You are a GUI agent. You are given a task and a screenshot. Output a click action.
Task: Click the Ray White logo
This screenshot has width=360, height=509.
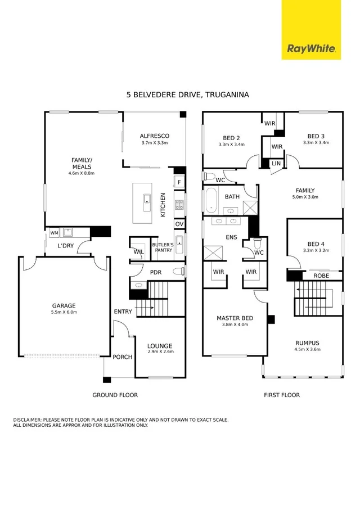coord(311,48)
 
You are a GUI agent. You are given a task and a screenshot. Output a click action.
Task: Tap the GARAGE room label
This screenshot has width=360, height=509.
coord(64,306)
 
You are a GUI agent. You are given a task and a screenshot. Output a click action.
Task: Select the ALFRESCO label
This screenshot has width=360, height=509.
coord(154,136)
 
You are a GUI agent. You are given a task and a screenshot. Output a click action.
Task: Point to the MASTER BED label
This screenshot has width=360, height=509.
coord(235,318)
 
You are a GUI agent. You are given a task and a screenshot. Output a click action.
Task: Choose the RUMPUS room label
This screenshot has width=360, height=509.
coord(307,343)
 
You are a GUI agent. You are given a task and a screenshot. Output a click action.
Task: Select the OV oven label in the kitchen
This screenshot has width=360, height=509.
coord(179,224)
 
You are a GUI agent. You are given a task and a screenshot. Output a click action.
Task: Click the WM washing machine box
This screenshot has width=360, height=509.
coord(54,232)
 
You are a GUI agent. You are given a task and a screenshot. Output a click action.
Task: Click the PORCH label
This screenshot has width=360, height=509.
coord(122,357)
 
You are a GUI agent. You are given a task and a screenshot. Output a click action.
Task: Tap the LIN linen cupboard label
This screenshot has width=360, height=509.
coord(276,163)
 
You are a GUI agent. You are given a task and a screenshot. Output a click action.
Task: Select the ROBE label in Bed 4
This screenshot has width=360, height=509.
coord(321,276)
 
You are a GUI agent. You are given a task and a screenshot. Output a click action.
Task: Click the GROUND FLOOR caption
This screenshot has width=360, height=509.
coord(115,395)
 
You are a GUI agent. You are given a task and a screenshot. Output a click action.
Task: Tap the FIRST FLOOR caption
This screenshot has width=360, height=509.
coord(282,395)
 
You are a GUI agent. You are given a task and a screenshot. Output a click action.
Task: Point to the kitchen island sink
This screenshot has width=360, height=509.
coord(146,199)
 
